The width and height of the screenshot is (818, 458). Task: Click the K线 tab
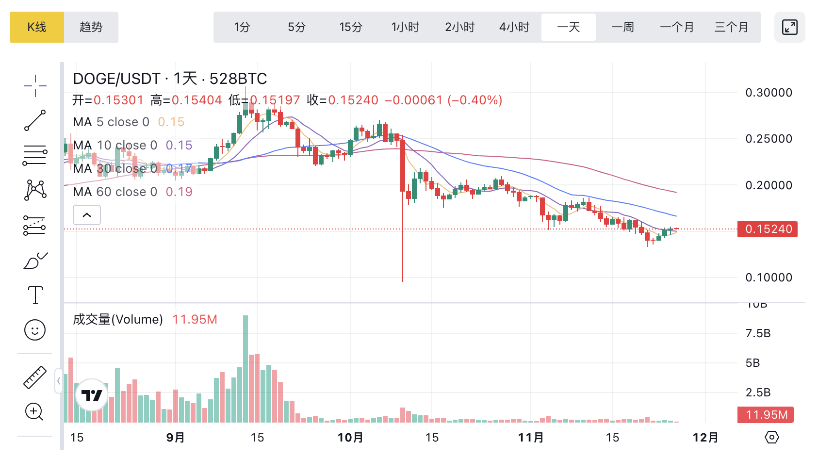point(37,27)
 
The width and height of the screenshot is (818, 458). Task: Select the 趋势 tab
point(91,27)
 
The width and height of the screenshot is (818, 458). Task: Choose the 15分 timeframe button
point(351,27)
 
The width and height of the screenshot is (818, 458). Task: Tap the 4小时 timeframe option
point(514,27)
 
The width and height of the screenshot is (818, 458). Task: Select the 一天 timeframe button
point(569,27)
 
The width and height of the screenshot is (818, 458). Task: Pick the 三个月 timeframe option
point(731,27)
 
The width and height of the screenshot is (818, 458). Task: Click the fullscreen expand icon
point(790,27)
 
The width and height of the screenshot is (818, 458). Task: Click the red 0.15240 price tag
point(768,229)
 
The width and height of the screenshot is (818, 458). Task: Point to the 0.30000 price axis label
point(769,93)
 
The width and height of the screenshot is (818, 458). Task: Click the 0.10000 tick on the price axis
point(769,278)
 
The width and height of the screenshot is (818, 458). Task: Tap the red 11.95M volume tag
point(766,415)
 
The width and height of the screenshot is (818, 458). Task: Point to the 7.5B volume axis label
point(758,333)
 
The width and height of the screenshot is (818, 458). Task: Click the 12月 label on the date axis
point(705,438)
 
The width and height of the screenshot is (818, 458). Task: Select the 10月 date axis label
point(350,438)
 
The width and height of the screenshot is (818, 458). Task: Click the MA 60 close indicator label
point(115,192)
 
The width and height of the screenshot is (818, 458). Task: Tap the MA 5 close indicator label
point(111,122)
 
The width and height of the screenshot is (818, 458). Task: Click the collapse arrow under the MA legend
point(87,215)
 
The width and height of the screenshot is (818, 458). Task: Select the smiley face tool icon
point(35,330)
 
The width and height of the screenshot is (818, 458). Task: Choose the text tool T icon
point(35,295)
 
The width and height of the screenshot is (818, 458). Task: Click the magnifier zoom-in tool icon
point(34,412)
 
